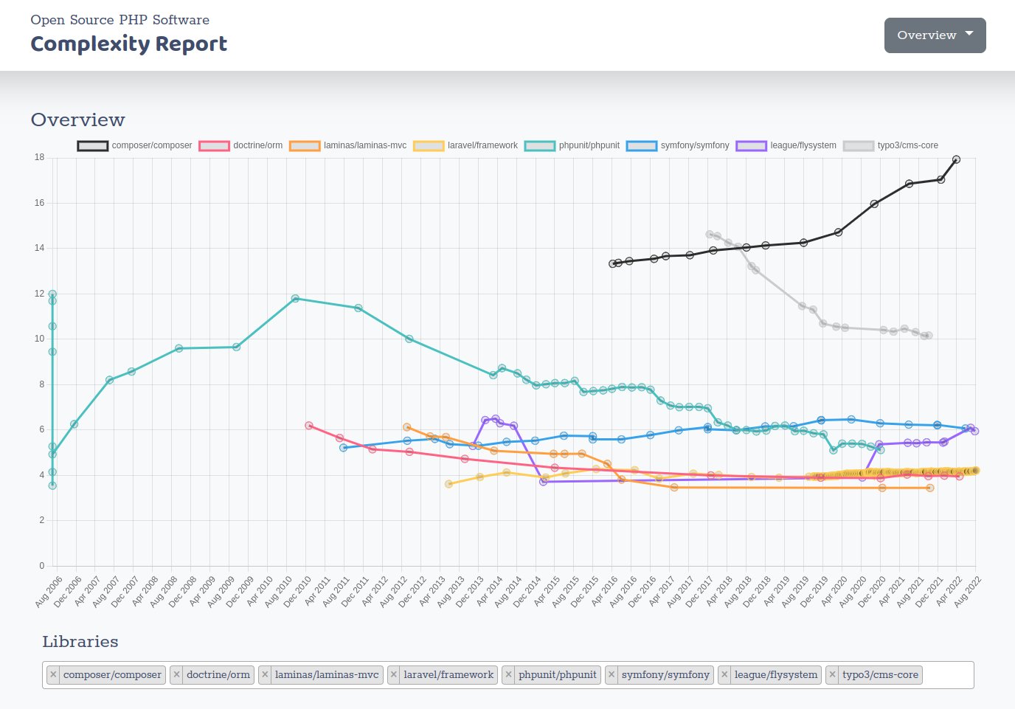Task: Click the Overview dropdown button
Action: point(935,35)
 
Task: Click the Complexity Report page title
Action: point(128,44)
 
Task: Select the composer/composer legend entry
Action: point(134,145)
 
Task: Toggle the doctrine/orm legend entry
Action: point(240,145)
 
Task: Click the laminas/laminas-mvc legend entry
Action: point(348,145)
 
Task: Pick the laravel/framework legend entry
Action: point(465,145)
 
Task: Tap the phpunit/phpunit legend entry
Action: point(572,145)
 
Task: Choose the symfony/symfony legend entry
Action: point(678,145)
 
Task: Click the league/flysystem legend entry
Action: point(786,145)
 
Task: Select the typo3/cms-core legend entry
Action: point(891,145)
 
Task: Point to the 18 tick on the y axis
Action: point(39,157)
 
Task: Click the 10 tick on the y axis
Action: point(39,339)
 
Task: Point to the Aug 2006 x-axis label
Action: point(49,592)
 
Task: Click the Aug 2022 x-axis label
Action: point(968,592)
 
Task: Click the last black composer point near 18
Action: point(956,159)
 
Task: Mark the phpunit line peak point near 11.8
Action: point(295,298)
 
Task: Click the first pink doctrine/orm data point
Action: point(309,426)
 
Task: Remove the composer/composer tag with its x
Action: point(53,674)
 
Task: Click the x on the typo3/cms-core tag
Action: point(832,674)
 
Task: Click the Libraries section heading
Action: point(80,641)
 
